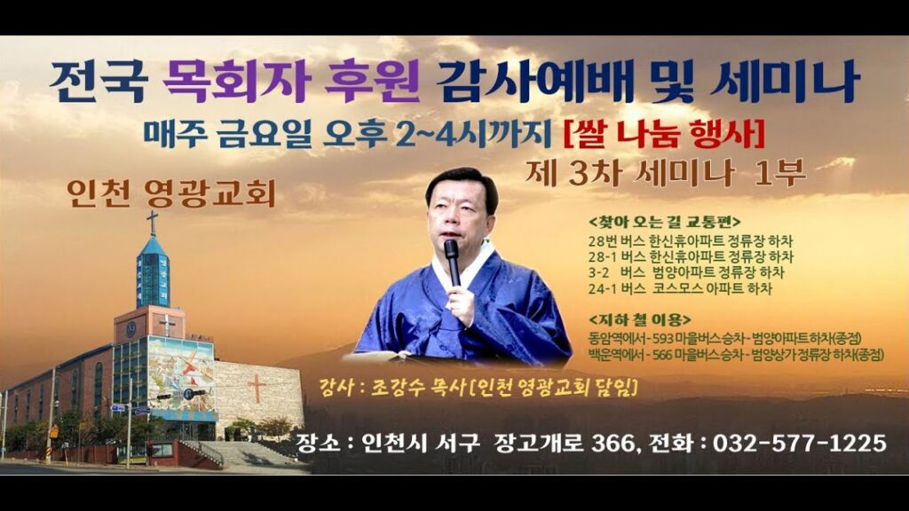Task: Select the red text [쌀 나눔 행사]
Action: (664, 134)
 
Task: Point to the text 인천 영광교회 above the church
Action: (171, 193)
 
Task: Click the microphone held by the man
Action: (452, 262)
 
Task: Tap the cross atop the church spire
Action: (153, 223)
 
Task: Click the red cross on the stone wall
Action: (257, 388)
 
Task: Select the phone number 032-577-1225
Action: (800, 444)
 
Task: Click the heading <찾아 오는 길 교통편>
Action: (664, 222)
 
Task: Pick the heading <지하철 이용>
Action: (639, 319)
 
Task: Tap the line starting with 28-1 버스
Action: (691, 256)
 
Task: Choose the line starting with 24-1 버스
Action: (680, 288)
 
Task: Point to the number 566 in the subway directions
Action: (662, 355)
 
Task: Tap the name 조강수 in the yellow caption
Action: (397, 387)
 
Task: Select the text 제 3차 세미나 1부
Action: (665, 173)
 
